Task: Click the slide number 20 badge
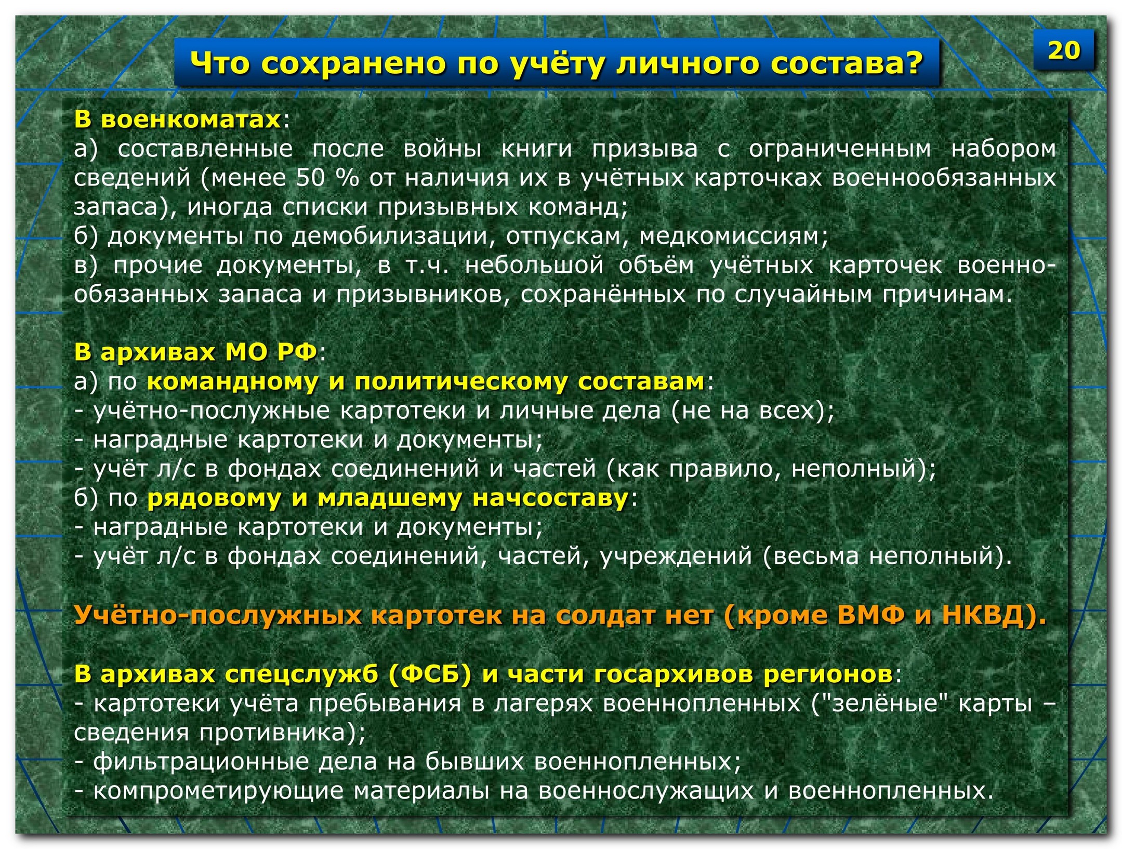click(x=1063, y=50)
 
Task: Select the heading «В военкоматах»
click(x=177, y=119)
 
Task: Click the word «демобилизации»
click(x=390, y=236)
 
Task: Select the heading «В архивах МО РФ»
click(x=196, y=352)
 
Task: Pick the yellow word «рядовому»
click(x=215, y=498)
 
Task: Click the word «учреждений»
click(x=676, y=556)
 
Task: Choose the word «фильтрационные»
click(x=202, y=762)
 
